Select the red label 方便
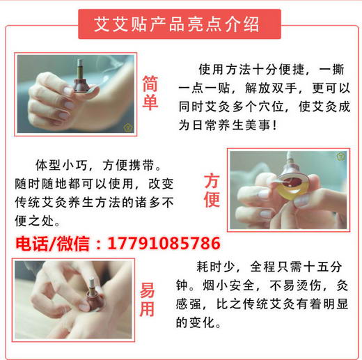[x=212, y=190]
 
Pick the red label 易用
[x=147, y=300]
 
